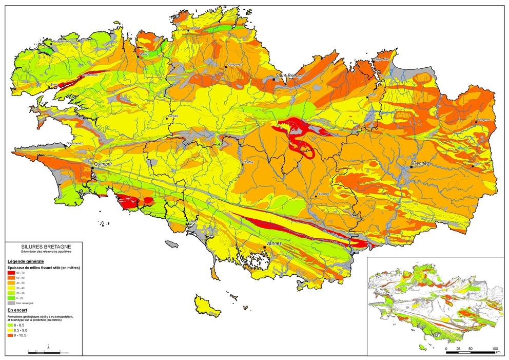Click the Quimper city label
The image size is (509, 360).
click(x=102, y=164)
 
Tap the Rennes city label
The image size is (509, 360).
click(x=421, y=163)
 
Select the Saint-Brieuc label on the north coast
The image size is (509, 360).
click(x=289, y=76)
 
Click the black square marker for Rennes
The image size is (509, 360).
click(x=412, y=167)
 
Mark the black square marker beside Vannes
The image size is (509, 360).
click(x=265, y=248)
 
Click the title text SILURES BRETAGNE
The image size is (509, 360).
click(x=43, y=247)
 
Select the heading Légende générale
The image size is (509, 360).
click(x=25, y=261)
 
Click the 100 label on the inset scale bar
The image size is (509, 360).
click(x=495, y=349)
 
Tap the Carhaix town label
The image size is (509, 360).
click(x=172, y=116)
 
